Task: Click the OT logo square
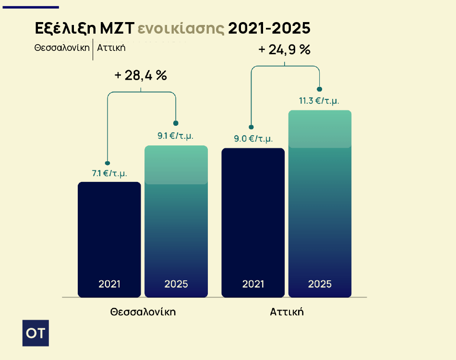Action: click(x=36, y=333)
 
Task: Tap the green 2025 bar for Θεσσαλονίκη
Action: click(x=176, y=221)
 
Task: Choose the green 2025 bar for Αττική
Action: click(x=320, y=204)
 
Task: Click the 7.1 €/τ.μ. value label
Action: click(x=109, y=173)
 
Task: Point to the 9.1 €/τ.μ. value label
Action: click(x=176, y=136)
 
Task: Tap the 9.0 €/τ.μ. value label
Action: click(x=253, y=139)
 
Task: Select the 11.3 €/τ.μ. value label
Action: click(x=319, y=101)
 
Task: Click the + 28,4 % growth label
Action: click(x=141, y=75)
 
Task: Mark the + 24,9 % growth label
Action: click(x=285, y=49)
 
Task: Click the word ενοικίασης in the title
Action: click(x=181, y=28)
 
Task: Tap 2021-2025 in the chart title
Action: click(x=269, y=28)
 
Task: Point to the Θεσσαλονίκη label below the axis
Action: click(x=143, y=312)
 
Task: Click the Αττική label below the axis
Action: click(x=287, y=312)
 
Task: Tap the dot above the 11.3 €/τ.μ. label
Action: click(x=320, y=89)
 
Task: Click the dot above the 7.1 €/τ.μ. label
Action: click(x=108, y=163)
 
